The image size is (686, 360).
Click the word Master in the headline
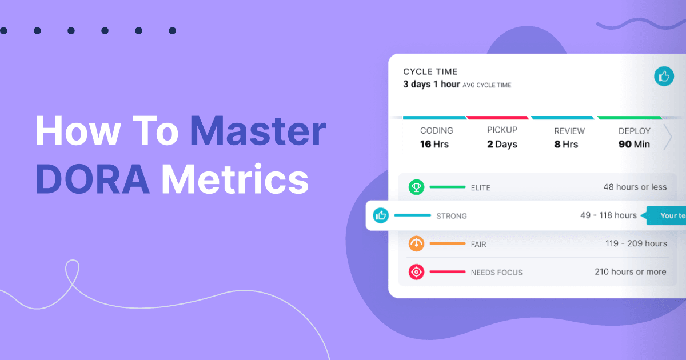[258, 131]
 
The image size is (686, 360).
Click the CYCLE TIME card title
[430, 71]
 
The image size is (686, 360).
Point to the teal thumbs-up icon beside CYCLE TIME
[664, 77]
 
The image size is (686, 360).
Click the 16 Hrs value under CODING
[434, 144]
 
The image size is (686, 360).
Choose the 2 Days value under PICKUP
[502, 144]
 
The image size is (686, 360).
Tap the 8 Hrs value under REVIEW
[566, 144]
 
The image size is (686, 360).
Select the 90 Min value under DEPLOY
[634, 144]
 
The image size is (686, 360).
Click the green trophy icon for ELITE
[416, 187]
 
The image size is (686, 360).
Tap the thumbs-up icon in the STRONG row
[381, 215]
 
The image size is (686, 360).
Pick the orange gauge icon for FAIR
[416, 243]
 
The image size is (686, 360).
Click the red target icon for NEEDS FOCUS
[416, 272]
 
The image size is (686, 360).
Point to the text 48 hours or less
[635, 187]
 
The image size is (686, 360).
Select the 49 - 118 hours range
[608, 215]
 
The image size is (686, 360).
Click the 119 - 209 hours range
[636, 243]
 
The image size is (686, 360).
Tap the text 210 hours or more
[631, 272]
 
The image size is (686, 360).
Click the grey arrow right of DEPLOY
[667, 138]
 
